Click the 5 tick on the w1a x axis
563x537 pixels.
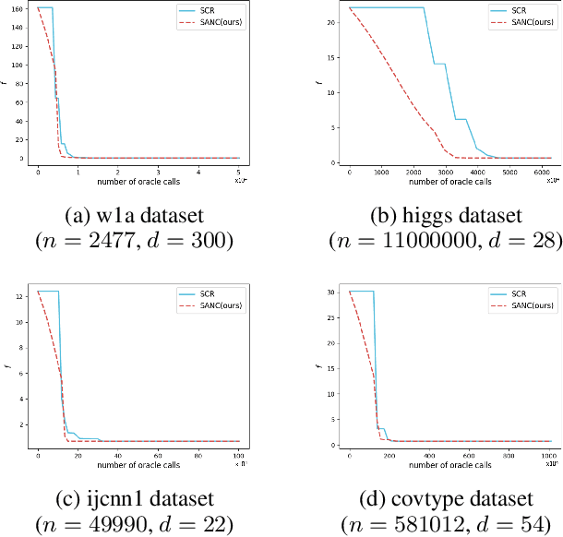click(239, 172)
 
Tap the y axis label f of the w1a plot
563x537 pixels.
click(7, 85)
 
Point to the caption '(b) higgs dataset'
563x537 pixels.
click(447, 218)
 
